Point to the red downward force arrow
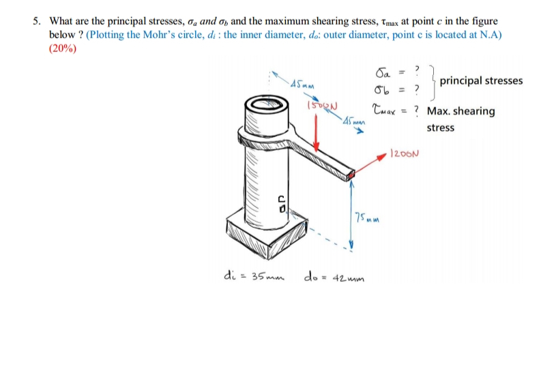coord(317,130)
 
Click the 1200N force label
coord(404,152)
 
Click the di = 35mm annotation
coord(253,277)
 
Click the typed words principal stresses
coord(481,80)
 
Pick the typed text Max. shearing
coord(460,111)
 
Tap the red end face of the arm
coord(351,177)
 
